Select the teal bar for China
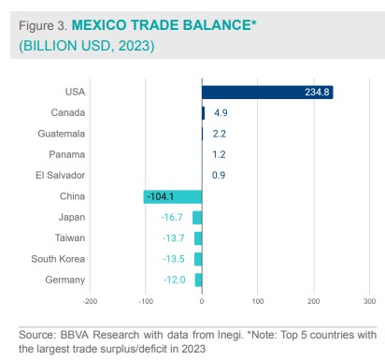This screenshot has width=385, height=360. pos(173,196)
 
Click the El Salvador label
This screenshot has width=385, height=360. pos(62,175)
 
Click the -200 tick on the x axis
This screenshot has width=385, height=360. pos(90,301)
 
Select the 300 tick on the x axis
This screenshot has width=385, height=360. pos(369,301)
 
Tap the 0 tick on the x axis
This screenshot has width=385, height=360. pos(202,301)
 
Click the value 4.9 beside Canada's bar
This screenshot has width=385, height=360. pos(221,112)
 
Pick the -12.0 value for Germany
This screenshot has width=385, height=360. pos(176,280)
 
